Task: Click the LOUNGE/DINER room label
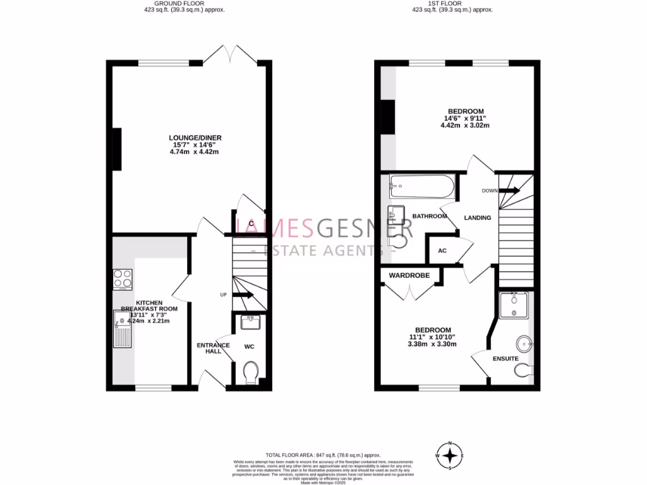(195, 138)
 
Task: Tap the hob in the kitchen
(122, 278)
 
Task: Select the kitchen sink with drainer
(121, 332)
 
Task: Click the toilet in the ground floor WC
(250, 371)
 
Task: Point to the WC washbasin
(250, 323)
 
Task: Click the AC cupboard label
(442, 251)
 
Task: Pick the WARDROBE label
(409, 275)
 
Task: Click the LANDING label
(477, 218)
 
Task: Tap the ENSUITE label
(505, 359)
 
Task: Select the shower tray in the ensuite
(513, 306)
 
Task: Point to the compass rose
(450, 455)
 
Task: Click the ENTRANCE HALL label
(209, 348)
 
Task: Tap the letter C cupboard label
(251, 224)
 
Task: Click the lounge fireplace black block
(117, 149)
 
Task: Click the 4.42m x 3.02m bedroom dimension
(464, 125)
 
